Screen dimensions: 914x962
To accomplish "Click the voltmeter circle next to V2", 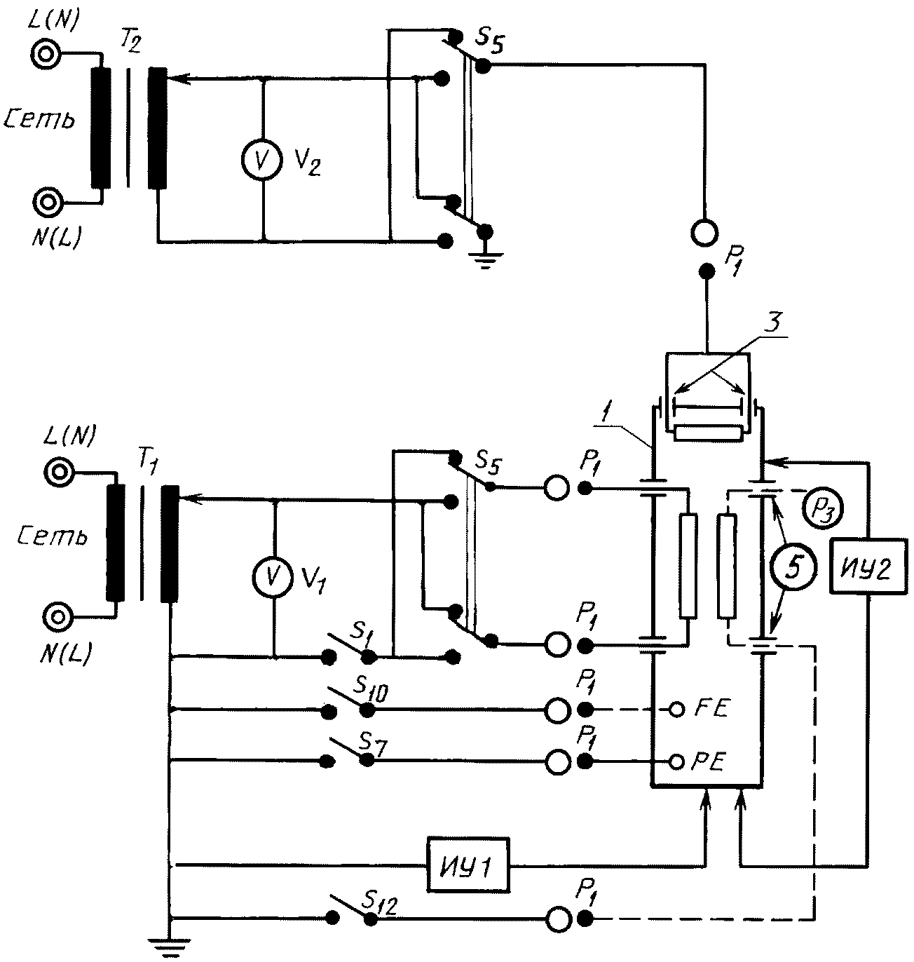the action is click(262, 159).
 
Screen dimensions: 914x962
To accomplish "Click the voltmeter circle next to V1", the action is click(274, 575).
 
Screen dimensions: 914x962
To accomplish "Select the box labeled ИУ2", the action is click(868, 565).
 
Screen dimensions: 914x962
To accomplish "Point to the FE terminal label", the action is click(712, 708).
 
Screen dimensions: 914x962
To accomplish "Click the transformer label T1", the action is click(146, 463).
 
